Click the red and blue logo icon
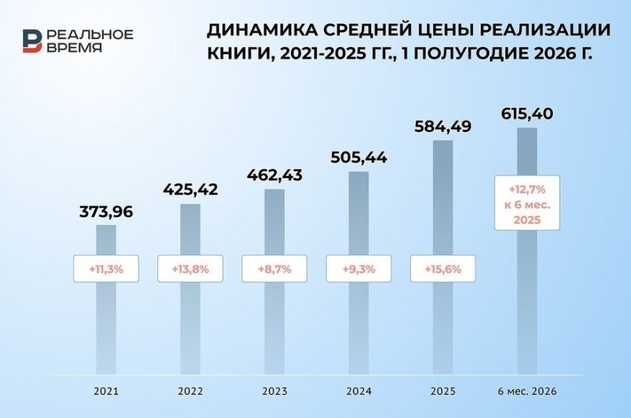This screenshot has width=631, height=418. click(32, 41)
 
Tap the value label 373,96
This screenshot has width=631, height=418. click(106, 212)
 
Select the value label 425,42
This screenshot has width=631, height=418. click(190, 189)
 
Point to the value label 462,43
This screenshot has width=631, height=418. click(275, 175)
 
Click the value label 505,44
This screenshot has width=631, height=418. click(359, 157)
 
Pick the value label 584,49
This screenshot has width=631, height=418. click(443, 127)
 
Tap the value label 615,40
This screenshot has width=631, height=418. click(527, 114)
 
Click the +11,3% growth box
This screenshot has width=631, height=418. click(106, 269)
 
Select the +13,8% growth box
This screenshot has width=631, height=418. click(190, 269)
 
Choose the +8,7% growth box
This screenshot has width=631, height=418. click(275, 269)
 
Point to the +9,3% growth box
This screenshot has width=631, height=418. click(359, 269)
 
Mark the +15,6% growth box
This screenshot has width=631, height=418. click(443, 269)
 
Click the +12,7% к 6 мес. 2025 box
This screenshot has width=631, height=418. click(527, 203)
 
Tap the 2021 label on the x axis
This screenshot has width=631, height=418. click(106, 391)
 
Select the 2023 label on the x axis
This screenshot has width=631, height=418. click(275, 391)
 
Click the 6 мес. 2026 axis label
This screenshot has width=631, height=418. click(527, 391)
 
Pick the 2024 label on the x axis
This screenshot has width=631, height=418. click(359, 391)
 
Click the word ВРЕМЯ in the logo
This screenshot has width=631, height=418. click(74, 48)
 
